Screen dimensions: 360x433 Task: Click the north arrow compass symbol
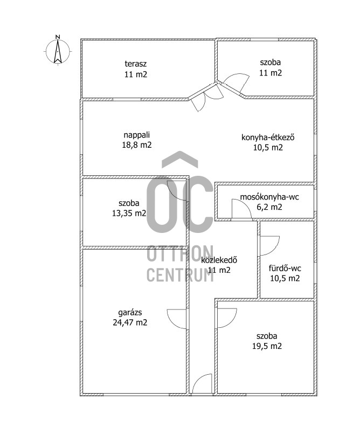click(58, 51)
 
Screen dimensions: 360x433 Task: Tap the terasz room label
click(136, 64)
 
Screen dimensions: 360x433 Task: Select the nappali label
click(137, 135)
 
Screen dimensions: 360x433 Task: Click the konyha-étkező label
click(268, 138)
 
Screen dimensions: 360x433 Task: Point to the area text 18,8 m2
click(137, 145)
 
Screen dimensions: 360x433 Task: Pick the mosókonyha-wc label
click(269, 197)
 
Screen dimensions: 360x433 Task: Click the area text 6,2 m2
click(269, 207)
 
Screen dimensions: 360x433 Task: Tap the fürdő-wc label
click(285, 269)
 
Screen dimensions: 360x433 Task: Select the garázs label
click(130, 313)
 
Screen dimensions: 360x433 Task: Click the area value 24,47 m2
click(130, 322)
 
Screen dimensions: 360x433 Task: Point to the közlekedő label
click(219, 260)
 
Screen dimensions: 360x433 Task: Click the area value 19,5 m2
click(267, 346)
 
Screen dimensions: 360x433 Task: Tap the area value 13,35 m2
click(129, 213)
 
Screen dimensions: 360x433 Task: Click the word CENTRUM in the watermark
click(180, 275)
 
